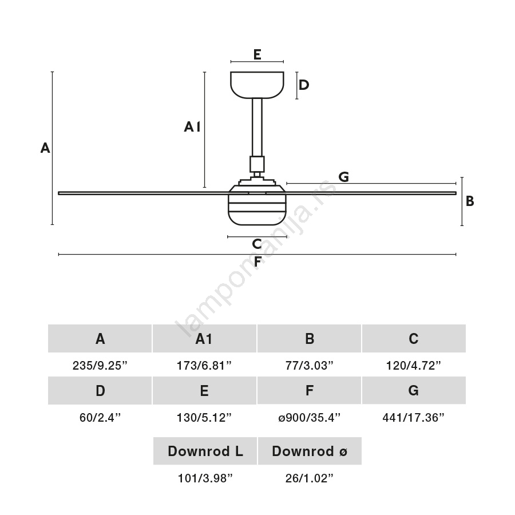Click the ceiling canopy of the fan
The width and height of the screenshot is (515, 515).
click(257, 84)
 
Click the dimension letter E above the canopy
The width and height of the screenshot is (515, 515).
click(257, 54)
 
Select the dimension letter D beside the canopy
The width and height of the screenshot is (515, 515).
click(304, 85)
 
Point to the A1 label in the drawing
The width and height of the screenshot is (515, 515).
click(192, 127)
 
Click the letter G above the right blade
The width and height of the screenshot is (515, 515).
click(343, 177)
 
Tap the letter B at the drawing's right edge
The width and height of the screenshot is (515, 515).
click(470, 201)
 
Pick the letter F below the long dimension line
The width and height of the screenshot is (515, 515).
click(258, 262)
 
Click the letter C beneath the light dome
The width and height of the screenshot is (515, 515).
click(257, 244)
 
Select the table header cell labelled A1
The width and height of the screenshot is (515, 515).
click(204, 339)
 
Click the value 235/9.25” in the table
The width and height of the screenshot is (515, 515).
click(100, 366)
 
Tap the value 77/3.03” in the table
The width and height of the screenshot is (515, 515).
click(309, 366)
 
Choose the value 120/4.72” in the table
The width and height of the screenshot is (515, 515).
click(414, 366)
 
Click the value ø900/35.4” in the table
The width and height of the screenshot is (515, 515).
click(309, 418)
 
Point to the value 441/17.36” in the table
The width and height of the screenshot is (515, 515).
click(414, 418)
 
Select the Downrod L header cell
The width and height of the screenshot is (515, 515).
click(205, 451)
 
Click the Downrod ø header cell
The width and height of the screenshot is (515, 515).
click(310, 451)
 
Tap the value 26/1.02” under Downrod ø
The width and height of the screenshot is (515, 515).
click(309, 478)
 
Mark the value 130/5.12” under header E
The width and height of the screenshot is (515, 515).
click(204, 418)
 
